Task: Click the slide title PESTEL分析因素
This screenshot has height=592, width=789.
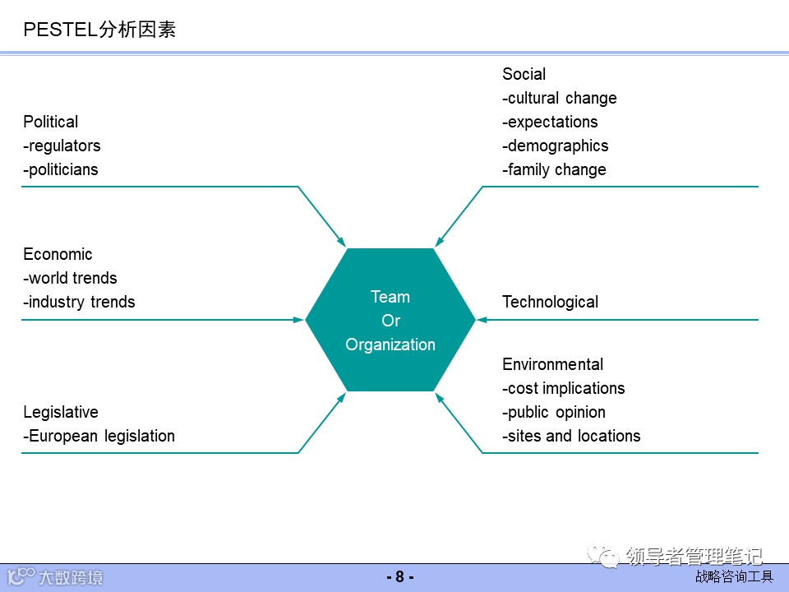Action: coord(99,30)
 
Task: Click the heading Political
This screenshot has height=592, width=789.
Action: coord(50,122)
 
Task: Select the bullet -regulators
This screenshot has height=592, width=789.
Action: coord(62,146)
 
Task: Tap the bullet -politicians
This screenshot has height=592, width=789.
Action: coord(60,169)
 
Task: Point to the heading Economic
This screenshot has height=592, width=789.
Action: coord(58,254)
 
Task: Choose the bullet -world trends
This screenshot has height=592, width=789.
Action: coord(70,278)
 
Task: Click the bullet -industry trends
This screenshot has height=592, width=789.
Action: coord(79,302)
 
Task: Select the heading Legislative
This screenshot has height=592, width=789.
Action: coord(60,412)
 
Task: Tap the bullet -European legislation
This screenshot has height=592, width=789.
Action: coord(99,436)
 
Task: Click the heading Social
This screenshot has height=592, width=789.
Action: coord(524,74)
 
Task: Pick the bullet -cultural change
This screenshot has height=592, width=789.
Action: coord(559,98)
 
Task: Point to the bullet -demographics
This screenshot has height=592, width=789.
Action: coord(555,146)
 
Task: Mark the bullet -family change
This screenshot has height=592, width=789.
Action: coord(554,169)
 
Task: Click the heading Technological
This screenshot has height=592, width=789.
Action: coord(550,302)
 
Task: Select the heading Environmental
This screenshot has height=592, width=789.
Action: coord(552,364)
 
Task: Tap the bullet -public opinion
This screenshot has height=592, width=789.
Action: coord(553,412)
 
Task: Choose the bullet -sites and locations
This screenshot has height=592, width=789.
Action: coord(571,436)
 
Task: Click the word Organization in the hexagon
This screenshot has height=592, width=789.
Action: coord(390,345)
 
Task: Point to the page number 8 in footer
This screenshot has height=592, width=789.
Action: coord(399,577)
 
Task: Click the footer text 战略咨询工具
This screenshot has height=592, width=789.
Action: coord(734,577)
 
